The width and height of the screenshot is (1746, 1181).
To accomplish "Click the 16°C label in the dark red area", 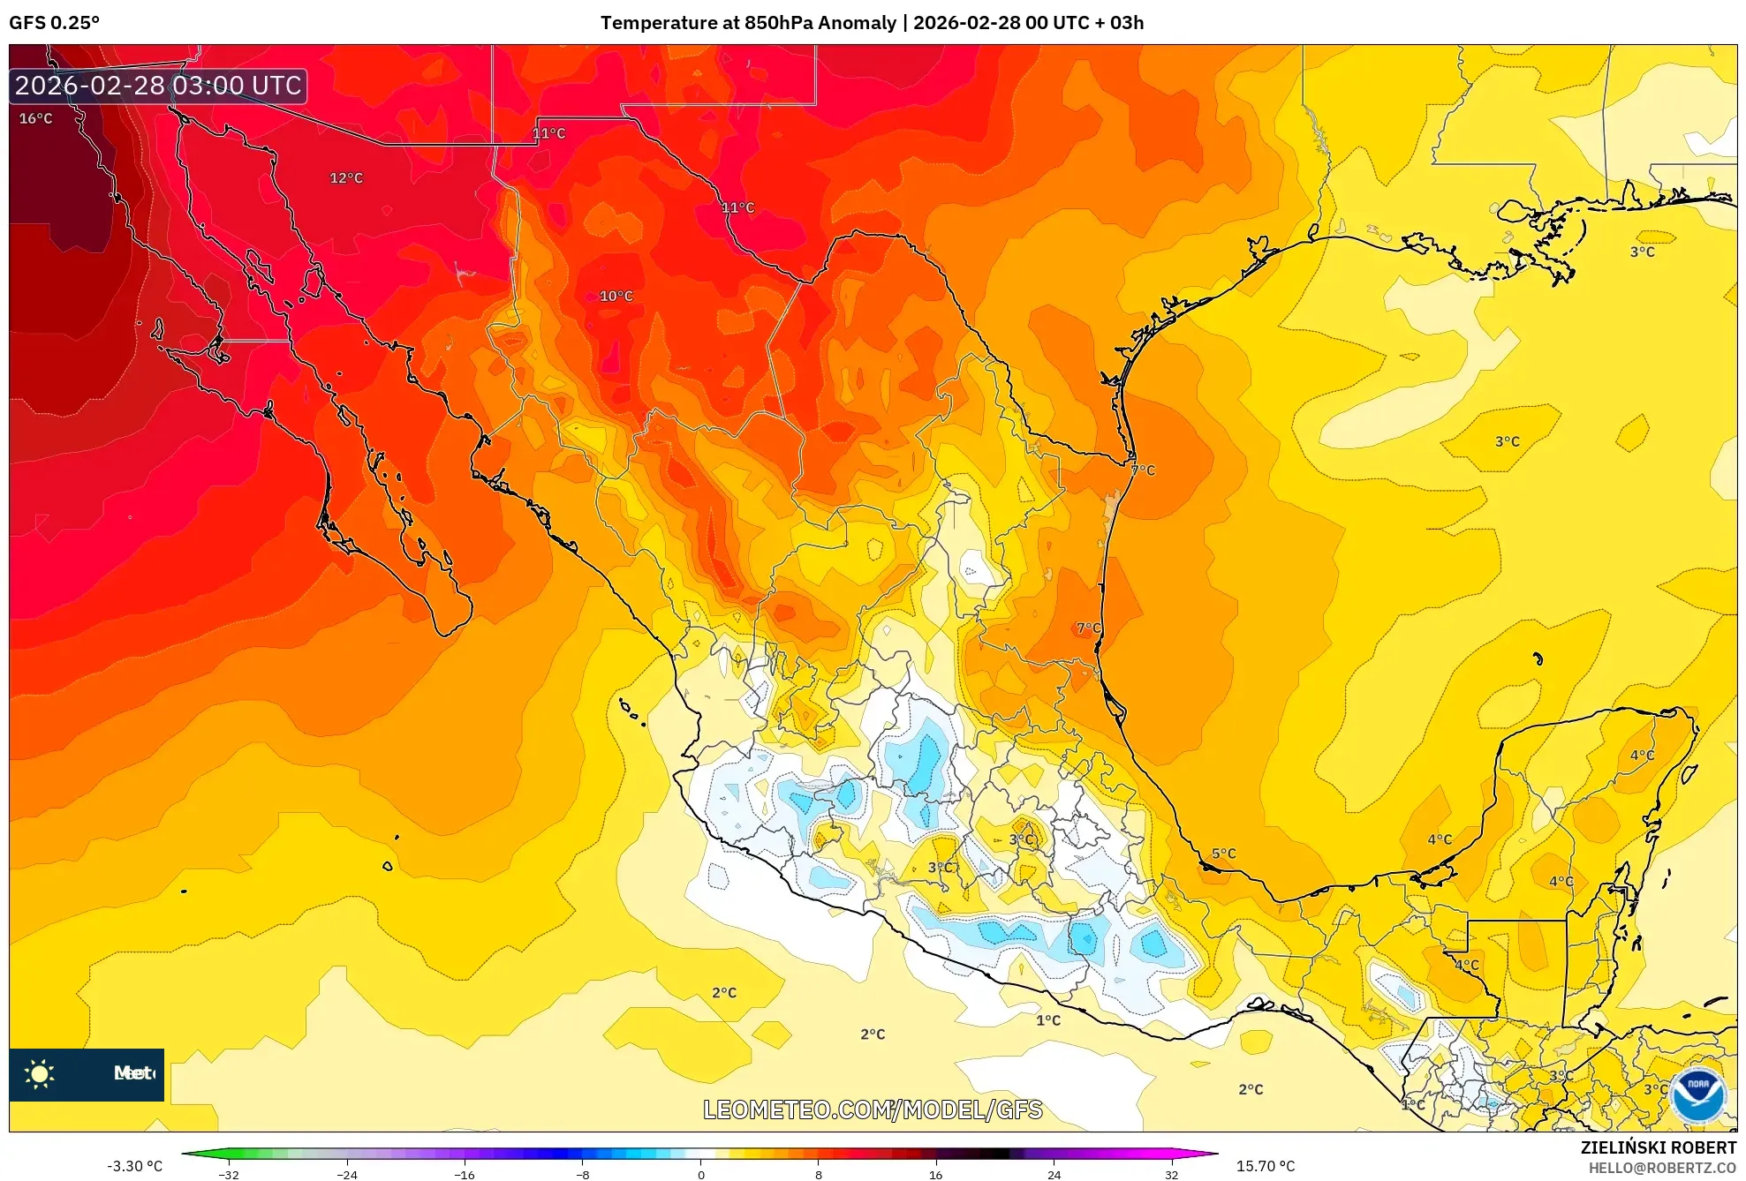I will [x=36, y=118].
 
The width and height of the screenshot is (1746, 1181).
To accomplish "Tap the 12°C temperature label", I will [x=346, y=177].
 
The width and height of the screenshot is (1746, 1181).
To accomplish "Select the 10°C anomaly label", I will [x=616, y=296].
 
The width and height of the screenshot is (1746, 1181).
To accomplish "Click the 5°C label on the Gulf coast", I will [x=1224, y=854].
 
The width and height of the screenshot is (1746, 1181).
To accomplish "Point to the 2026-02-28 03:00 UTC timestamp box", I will [x=159, y=86].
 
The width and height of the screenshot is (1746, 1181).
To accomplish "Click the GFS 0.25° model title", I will [x=55, y=23].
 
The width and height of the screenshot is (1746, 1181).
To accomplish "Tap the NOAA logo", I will [x=1697, y=1094].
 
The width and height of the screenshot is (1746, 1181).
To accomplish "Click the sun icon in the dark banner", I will [x=40, y=1073].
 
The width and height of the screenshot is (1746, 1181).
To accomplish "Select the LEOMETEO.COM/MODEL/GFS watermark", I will [x=873, y=1110].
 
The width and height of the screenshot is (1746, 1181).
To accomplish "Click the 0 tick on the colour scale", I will [x=701, y=1174].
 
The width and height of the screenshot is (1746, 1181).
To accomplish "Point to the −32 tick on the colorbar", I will [x=229, y=1174].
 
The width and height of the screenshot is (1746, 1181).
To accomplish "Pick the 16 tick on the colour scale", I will [x=936, y=1174].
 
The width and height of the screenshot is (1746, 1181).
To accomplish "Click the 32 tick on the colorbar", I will [x=1171, y=1174].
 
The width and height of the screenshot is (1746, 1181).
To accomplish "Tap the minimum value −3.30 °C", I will [x=134, y=1166].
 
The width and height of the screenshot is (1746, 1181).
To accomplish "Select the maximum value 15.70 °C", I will [x=1266, y=1166].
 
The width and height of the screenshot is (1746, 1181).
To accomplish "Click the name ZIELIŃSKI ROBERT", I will [x=1659, y=1147].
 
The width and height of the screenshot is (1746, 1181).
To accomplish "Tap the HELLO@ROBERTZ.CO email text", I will [x=1662, y=1168].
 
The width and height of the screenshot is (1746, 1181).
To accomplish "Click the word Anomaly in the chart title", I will [x=859, y=23].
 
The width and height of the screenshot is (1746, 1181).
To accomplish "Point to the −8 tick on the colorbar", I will [x=583, y=1174].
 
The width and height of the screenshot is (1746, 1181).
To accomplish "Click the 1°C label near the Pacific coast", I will [x=1048, y=1020].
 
